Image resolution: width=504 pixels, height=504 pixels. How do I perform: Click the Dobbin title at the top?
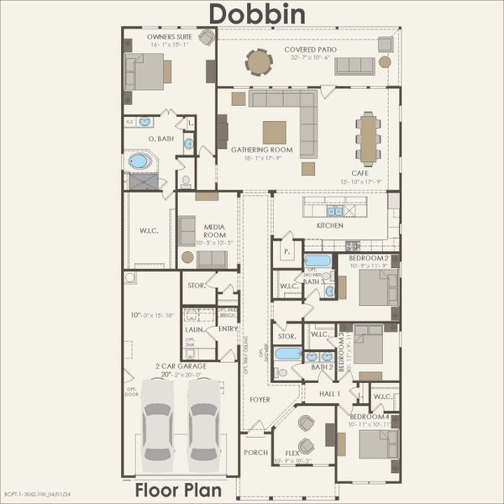tap(257, 14)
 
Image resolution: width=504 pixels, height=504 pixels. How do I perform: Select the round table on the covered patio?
tap(259, 61)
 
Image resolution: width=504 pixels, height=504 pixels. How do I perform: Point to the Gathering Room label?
tap(262, 150)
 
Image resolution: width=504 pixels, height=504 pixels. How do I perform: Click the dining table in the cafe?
tap(368, 139)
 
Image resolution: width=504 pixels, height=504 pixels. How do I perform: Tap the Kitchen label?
tap(330, 226)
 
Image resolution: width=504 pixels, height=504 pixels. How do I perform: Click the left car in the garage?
tap(157, 424)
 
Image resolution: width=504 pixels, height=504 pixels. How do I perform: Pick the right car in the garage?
tap(203, 424)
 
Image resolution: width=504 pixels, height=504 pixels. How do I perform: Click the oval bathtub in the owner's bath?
tap(138, 160)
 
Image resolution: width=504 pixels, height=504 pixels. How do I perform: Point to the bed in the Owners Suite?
tap(146, 71)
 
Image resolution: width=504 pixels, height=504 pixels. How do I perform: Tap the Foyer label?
tap(260, 400)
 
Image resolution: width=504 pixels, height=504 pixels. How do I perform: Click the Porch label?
tap(255, 452)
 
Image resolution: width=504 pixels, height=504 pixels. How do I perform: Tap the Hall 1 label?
tap(329, 393)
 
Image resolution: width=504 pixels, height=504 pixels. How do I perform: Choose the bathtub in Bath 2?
tap(288, 353)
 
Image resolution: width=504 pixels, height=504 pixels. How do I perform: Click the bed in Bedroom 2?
tap(377, 287)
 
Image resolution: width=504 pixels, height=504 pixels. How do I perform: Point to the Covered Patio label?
tap(310, 50)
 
